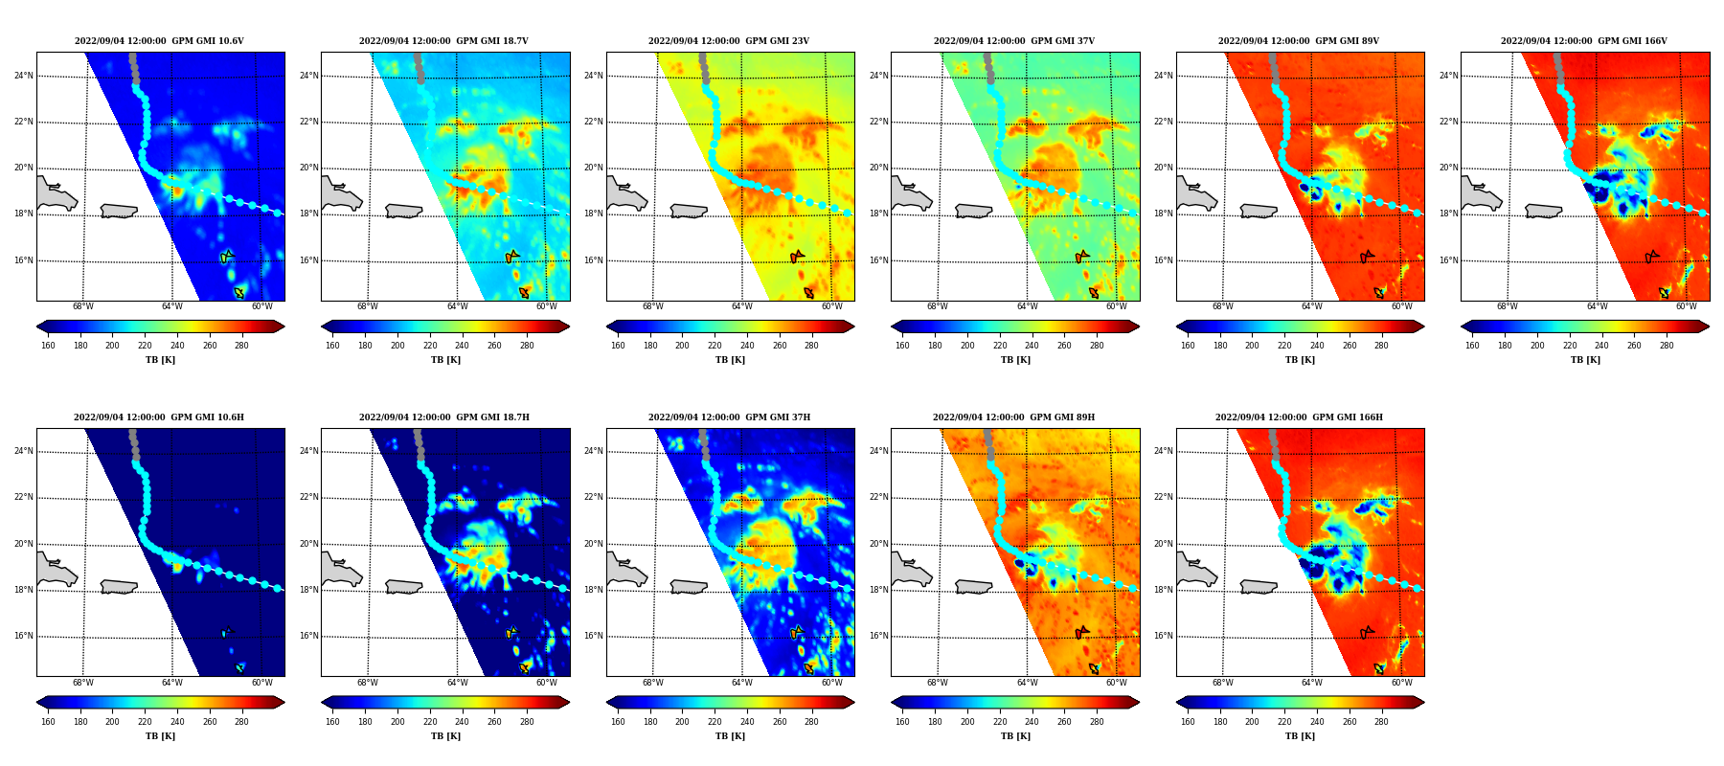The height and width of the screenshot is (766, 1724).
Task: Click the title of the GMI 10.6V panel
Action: pos(159,41)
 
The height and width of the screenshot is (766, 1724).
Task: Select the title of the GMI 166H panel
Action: pos(1299,417)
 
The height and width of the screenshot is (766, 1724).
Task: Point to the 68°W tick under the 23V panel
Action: pos(652,307)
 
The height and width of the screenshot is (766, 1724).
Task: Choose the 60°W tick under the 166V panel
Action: pos(1687,307)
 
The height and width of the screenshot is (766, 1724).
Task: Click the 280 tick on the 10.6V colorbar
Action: pos(241,346)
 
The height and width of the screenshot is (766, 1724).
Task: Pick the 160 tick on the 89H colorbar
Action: pos(902,722)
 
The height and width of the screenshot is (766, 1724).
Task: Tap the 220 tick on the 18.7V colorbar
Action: pos(430,346)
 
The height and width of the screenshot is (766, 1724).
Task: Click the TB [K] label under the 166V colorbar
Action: pos(1585,360)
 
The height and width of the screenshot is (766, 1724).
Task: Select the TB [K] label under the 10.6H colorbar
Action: pos(160,736)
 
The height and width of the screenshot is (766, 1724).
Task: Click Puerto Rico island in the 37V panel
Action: pos(974,211)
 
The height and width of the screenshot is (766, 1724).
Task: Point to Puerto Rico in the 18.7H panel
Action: pos(404,587)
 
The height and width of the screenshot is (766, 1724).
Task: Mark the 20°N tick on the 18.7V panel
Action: pos(308,168)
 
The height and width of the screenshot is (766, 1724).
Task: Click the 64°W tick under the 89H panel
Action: pos(1027,683)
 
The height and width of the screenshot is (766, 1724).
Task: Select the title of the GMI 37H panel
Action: pos(729,417)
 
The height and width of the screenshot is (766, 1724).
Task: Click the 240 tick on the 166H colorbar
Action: pos(1317,722)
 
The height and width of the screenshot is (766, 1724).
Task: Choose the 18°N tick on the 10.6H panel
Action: pos(24,590)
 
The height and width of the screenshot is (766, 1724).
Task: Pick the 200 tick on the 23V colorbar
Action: pos(682,346)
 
